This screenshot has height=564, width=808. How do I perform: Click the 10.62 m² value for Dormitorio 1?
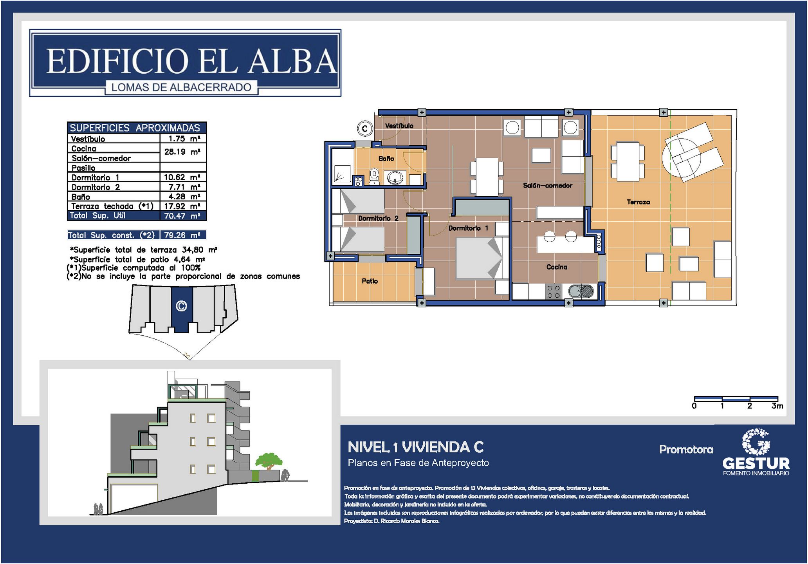182,177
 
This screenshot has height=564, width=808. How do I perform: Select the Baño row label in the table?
81,197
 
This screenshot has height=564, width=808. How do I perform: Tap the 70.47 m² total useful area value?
182,216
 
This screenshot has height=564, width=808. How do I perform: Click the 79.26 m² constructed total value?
182,235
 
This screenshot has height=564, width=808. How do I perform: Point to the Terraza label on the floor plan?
638,202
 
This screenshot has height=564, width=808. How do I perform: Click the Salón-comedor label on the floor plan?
548,185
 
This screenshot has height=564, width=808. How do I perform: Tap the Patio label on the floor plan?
370,281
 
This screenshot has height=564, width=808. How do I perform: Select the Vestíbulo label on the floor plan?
399,126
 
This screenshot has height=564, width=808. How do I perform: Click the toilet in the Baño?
374,176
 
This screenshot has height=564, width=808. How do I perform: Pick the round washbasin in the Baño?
395,177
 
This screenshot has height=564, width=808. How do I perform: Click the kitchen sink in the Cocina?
581,291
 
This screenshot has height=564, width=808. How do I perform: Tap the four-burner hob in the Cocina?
553,291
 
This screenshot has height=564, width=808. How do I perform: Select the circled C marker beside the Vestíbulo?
365,128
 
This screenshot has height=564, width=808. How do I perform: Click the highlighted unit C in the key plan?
182,309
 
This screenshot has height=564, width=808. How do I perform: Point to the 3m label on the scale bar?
777,406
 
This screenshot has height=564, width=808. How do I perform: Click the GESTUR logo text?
756,464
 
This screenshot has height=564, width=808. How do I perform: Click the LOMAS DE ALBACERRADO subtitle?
181,87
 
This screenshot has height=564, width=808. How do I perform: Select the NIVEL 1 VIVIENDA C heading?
416,447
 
